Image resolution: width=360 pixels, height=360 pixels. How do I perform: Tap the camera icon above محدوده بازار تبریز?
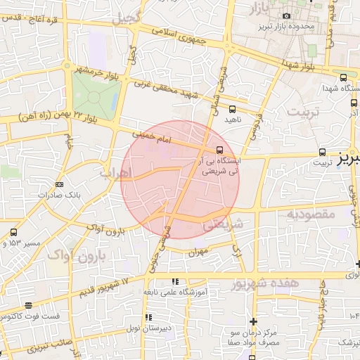click(x=286, y=15)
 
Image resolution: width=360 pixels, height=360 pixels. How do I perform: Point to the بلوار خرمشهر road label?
click(x=94, y=71)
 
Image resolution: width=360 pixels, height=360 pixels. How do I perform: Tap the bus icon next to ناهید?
click(x=233, y=109)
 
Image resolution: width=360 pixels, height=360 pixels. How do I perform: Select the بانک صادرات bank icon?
click(x=59, y=184)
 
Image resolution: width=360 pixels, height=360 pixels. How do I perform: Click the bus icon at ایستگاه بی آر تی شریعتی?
click(x=220, y=150)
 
